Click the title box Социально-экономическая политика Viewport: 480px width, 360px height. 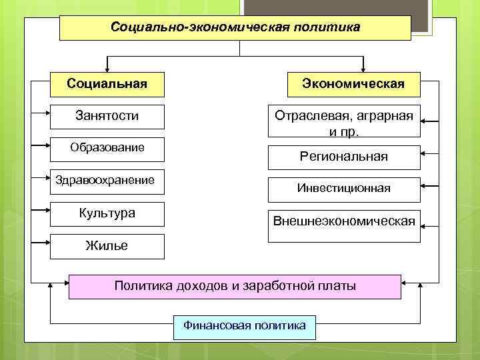click(x=235, y=28)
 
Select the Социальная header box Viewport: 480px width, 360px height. click(x=107, y=84)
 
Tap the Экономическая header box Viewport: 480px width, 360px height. click(x=353, y=84)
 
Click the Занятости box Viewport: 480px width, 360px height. click(x=107, y=116)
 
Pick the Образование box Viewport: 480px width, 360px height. click(x=107, y=148)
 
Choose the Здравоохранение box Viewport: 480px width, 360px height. click(x=107, y=180)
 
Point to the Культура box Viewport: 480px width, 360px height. click(x=107, y=214)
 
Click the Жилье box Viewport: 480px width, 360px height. click(x=107, y=246)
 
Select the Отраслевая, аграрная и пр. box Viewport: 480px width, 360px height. click(x=344, y=123)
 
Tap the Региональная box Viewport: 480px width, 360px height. click(x=344, y=157)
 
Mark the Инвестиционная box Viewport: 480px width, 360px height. click(x=344, y=189)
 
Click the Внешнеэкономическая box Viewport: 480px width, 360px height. click(x=344, y=221)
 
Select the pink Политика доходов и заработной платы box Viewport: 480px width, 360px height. click(x=235, y=287)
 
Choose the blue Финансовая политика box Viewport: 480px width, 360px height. click(x=244, y=326)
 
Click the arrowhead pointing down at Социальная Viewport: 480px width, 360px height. click(x=107, y=67)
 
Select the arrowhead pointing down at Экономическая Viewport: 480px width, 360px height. click(x=363, y=67)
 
